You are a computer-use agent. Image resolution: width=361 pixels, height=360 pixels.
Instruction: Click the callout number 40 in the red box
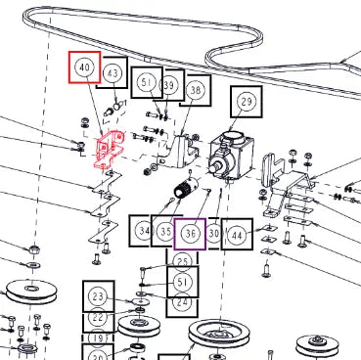point(84,67)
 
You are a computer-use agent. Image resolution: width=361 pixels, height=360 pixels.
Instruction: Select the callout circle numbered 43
point(113,72)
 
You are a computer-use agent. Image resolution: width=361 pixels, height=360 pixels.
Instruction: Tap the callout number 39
point(168,85)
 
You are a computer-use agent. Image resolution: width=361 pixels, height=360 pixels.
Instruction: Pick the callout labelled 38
point(196,90)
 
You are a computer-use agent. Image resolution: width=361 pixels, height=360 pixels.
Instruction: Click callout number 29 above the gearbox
point(247,102)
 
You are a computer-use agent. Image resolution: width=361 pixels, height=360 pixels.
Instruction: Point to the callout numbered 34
point(145,231)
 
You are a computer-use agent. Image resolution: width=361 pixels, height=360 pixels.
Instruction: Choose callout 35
point(166,232)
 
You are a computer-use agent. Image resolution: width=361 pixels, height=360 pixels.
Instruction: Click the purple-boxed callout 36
point(190,234)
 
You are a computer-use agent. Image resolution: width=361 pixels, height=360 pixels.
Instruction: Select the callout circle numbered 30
point(213,234)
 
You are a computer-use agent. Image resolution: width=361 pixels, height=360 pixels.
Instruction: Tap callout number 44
point(237,235)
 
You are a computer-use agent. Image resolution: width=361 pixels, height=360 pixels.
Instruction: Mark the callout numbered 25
point(182,262)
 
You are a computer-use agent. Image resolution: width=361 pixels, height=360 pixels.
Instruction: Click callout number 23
point(98,296)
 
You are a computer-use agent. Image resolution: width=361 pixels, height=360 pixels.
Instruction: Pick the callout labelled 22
point(98,317)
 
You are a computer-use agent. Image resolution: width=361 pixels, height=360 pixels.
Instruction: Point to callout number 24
point(182,301)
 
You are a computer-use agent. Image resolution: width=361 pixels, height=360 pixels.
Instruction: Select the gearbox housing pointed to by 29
point(231,155)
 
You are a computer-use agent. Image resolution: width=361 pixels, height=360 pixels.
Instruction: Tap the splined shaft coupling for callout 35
point(187,188)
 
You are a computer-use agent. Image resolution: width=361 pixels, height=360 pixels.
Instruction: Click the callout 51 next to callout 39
point(147,82)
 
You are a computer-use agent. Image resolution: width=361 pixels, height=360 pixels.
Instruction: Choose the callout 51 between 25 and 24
point(182,282)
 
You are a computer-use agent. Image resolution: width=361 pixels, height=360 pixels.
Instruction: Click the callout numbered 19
point(98,338)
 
